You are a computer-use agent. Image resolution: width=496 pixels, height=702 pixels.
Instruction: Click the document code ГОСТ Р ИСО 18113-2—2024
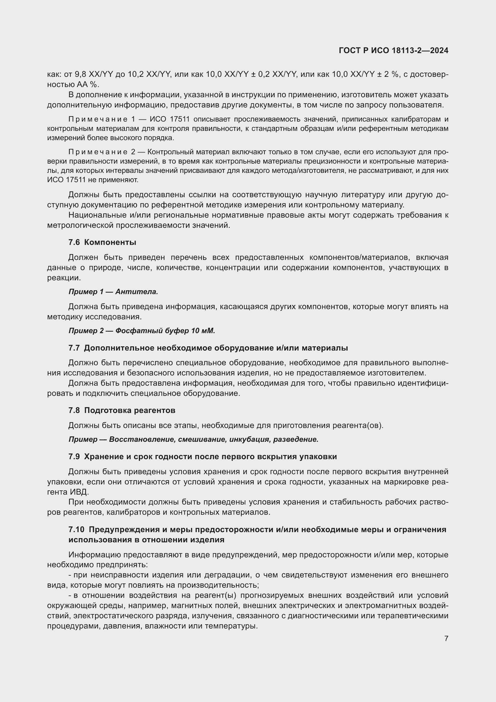coord(393,51)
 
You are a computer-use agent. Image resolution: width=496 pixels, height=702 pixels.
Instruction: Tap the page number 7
coord(446,638)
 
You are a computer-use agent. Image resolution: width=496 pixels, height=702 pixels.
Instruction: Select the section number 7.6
coord(74,243)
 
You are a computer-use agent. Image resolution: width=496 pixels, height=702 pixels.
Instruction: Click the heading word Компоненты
coord(110,243)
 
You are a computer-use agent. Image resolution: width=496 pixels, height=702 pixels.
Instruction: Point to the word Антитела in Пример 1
coord(136,292)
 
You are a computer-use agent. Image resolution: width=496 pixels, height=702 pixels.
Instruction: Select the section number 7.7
coord(74,348)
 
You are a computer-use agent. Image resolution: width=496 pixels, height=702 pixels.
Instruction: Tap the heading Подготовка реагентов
coord(130,410)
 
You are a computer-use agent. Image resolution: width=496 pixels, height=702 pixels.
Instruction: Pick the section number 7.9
coord(74,456)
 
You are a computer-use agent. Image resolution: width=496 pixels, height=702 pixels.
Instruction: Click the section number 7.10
coord(76,529)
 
